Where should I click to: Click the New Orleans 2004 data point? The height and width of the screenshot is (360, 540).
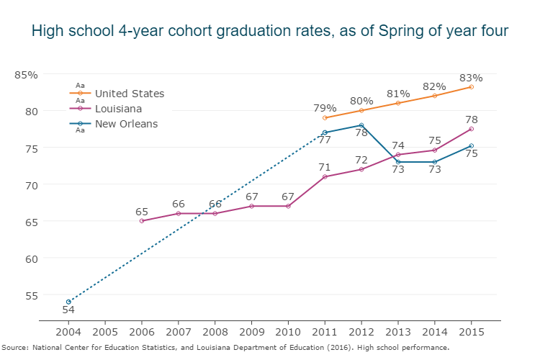(x=68, y=302)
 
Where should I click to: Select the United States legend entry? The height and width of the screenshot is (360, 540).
(x=130, y=94)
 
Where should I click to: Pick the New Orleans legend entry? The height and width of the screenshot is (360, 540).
(x=126, y=124)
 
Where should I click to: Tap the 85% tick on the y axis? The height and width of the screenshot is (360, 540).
(x=27, y=74)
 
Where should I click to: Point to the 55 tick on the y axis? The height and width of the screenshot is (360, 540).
(x=31, y=294)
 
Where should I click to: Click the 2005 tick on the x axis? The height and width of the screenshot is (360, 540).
(x=105, y=332)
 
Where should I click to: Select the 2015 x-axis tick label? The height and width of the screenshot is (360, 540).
(x=472, y=332)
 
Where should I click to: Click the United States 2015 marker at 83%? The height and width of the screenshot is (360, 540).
(x=472, y=86)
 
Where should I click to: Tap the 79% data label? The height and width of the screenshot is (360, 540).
(x=325, y=108)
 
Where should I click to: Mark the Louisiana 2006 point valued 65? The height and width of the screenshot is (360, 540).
(x=142, y=221)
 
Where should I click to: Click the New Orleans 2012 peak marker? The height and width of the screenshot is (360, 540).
(x=361, y=125)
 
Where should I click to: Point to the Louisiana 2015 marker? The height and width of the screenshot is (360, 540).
(x=472, y=129)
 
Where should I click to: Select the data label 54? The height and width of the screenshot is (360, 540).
(x=68, y=310)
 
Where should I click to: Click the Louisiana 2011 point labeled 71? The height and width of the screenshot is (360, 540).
(x=325, y=176)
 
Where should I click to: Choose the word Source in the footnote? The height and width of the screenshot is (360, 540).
(x=14, y=348)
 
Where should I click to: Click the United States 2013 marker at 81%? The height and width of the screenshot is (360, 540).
(x=398, y=103)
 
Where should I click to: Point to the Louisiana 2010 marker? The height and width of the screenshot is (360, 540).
(x=288, y=206)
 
